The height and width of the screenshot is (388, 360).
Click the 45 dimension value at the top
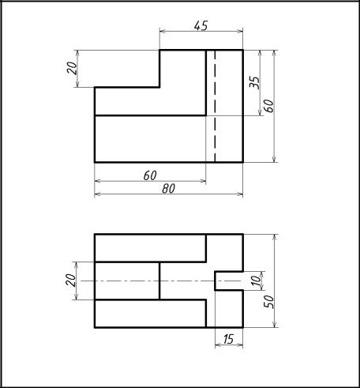tap(201, 25)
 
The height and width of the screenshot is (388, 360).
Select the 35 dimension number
tap(254, 83)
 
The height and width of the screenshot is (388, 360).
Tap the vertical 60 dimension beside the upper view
tap(268, 106)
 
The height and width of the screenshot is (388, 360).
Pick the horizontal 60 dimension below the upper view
tap(150, 175)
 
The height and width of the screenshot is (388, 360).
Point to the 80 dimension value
tap(169, 189)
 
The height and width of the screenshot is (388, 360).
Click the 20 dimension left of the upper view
tap(72, 68)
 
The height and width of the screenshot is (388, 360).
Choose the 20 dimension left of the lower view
tap(70, 281)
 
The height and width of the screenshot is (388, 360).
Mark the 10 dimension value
tap(256, 281)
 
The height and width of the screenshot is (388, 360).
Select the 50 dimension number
tap(268, 302)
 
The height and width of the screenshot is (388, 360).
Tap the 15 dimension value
tap(228, 339)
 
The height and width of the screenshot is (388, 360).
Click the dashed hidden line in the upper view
tap(215, 106)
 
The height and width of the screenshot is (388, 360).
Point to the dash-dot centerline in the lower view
tap(160, 281)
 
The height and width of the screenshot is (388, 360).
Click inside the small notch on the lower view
tap(228, 281)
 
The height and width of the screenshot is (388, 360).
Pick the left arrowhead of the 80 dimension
tap(97, 194)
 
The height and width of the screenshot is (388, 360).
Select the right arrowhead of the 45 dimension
tap(240, 32)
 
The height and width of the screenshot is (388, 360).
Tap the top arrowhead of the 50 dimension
tap(275, 237)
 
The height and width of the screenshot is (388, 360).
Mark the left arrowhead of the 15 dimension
tap(218, 345)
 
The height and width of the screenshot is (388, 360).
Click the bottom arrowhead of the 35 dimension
tap(261, 112)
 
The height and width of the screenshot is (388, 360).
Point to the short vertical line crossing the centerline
tap(159, 281)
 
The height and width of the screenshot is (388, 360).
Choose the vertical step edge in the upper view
tap(159, 69)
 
